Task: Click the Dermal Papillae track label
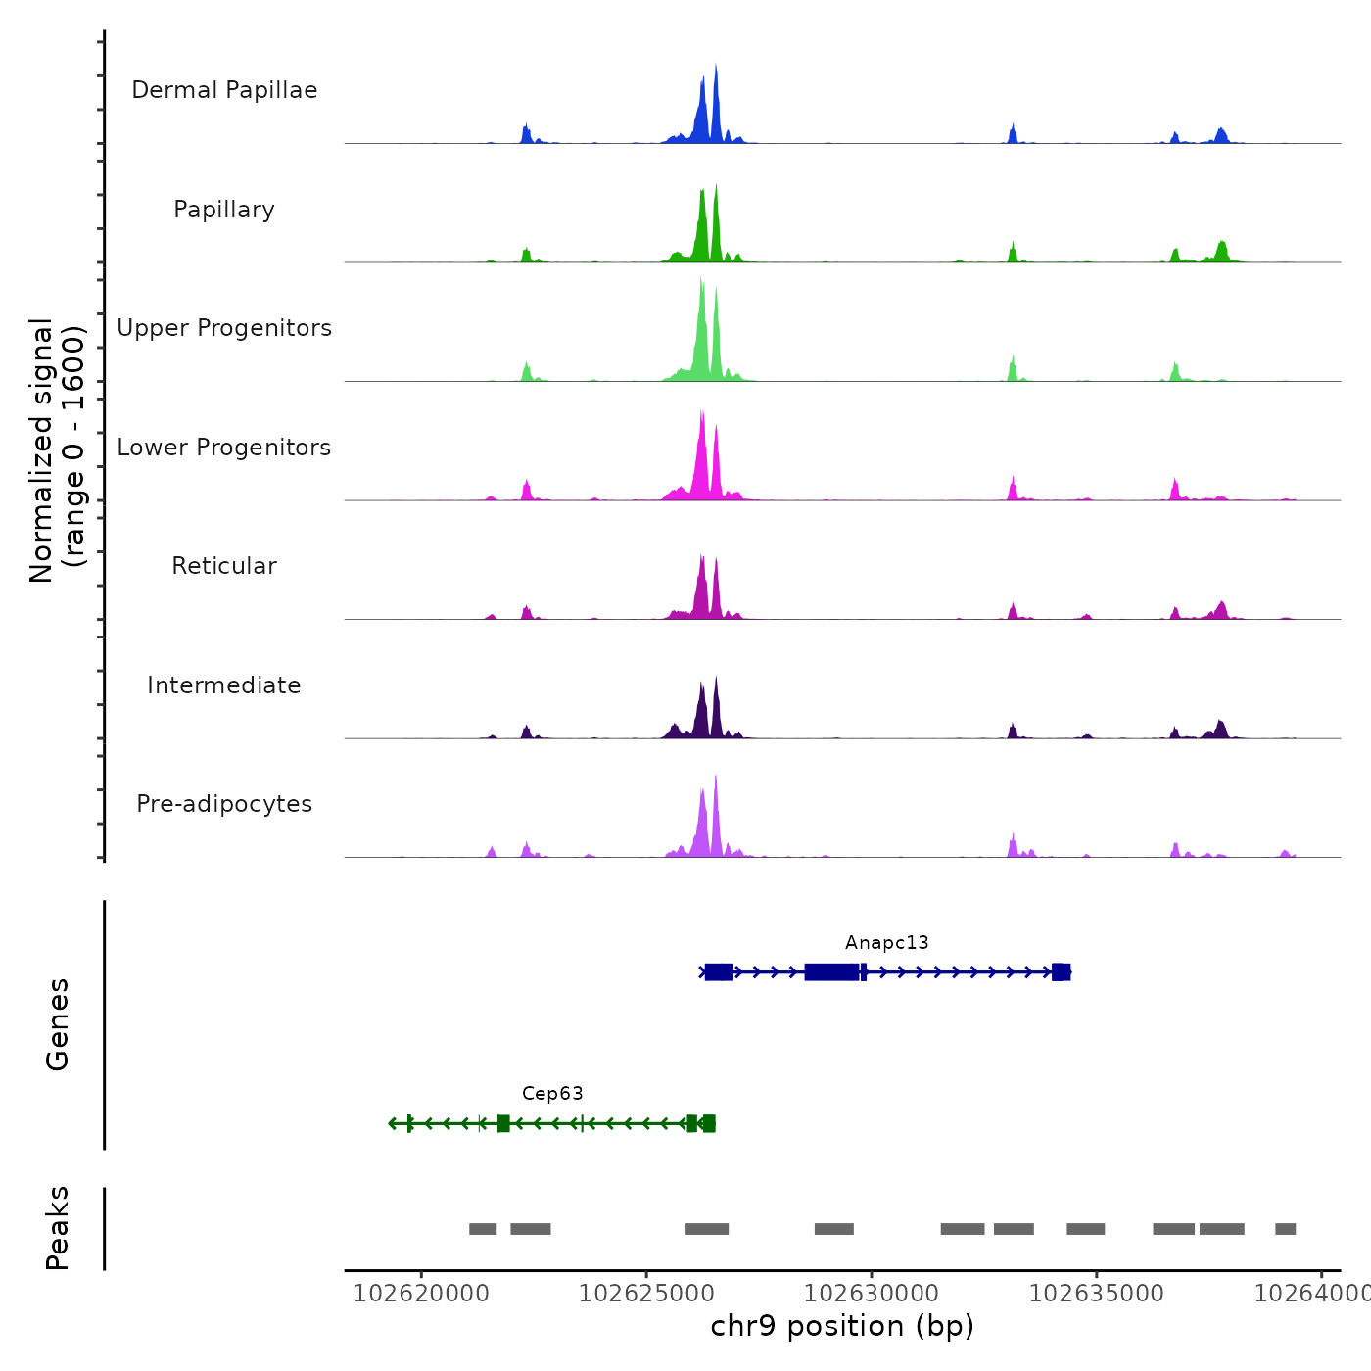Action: pos(224,90)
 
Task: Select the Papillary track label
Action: pos(224,210)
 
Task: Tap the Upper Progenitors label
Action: pos(224,328)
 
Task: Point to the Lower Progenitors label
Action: pos(224,448)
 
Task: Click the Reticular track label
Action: pos(224,566)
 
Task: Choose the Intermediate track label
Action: pos(224,685)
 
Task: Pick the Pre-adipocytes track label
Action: pos(224,804)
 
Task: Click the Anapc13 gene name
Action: pos(886,943)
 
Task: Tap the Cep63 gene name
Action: pos(552,1094)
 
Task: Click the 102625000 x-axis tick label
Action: pos(646,1294)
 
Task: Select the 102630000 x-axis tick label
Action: pos(872,1294)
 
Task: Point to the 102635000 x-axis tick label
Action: pos(1097,1294)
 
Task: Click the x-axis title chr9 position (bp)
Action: pos(842,1327)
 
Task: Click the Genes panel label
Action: pos(58,1024)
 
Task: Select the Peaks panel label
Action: pos(58,1228)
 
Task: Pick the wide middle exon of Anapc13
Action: pos(831,972)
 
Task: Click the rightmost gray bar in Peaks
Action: pos(1285,1229)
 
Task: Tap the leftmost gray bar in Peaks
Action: pos(483,1229)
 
